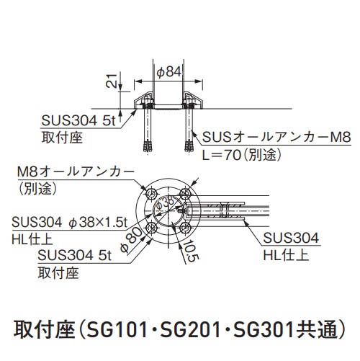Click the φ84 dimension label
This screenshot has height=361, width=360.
(169, 72)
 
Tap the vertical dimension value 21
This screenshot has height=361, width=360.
(111, 81)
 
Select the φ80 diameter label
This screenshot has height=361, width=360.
(131, 240)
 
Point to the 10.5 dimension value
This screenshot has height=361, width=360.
(191, 251)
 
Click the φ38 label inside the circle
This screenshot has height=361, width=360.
(164, 204)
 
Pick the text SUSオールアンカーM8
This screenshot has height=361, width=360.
(276, 137)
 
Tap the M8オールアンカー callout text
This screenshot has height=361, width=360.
(76, 172)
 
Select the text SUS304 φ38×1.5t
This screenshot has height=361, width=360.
(69, 222)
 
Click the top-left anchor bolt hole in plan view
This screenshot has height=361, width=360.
(151, 193)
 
